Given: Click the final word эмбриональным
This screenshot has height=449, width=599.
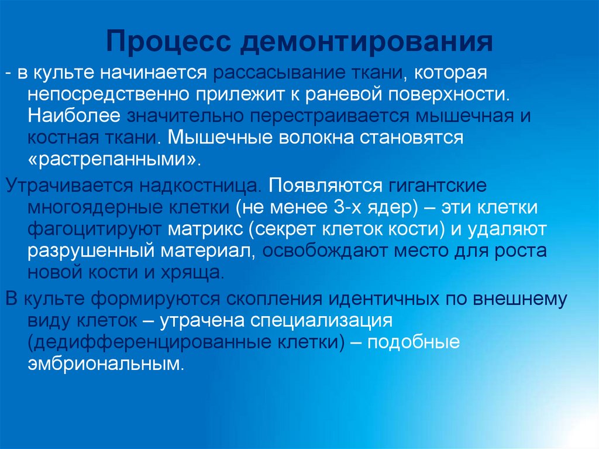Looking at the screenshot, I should (x=105, y=365).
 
